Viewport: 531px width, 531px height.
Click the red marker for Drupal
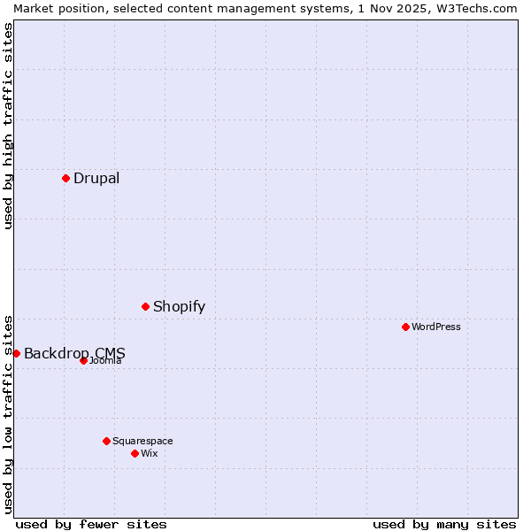(65, 178)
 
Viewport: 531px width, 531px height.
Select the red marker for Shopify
(145, 306)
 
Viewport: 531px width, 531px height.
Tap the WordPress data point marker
(405, 327)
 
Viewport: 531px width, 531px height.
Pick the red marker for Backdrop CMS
(16, 353)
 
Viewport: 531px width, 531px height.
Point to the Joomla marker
(83, 360)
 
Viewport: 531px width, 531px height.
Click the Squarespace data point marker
(106, 441)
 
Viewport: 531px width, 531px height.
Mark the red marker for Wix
(135, 453)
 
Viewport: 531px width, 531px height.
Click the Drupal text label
(96, 178)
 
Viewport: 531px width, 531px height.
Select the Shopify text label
(179, 306)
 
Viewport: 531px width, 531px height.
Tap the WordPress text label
(436, 327)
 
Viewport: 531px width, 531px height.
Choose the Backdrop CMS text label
(74, 353)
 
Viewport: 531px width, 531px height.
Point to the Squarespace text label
(142, 441)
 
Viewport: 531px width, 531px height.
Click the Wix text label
(150, 453)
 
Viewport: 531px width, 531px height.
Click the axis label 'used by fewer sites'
(91, 524)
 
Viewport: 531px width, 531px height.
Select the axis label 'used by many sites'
(444, 524)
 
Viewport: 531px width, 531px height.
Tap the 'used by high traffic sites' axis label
(9, 126)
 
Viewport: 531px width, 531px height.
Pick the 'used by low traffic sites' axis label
(9, 413)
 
